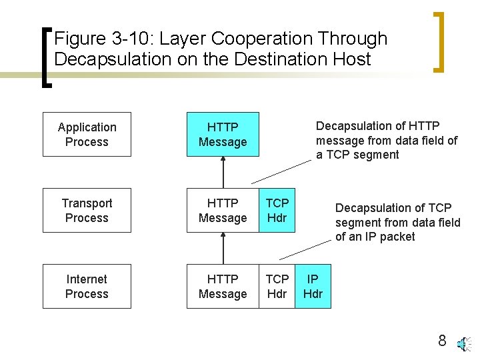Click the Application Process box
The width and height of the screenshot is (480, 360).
click(87, 135)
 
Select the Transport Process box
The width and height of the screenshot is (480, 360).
click(87, 211)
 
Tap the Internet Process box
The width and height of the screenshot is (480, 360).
click(87, 287)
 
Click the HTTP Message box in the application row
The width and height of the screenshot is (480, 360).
click(223, 135)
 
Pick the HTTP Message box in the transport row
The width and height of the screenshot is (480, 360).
click(223, 211)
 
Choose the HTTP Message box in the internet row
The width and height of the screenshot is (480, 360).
click(223, 287)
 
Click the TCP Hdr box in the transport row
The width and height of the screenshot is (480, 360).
click(277, 211)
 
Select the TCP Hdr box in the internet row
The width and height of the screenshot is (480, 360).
click(277, 287)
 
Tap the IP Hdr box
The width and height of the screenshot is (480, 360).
click(313, 287)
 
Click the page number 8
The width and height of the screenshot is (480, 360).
click(441, 341)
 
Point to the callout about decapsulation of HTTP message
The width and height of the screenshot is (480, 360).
click(387, 140)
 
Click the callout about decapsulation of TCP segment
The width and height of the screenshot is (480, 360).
click(397, 222)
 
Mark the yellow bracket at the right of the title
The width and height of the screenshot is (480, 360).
click(439, 41)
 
